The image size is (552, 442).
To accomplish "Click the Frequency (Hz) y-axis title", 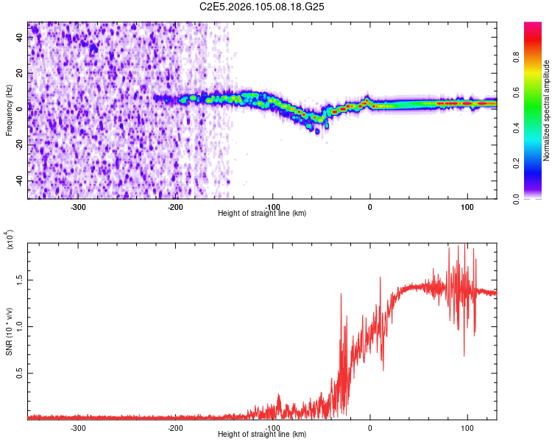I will pyautogui.click(x=10, y=110).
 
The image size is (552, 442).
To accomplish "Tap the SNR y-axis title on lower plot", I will pyautogui.click(x=10, y=332).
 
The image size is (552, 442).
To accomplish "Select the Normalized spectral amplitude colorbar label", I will pyautogui.click(x=547, y=110).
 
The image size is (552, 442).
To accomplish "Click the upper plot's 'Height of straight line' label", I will pyautogui.click(x=263, y=213).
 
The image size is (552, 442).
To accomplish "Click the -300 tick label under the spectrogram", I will pyautogui.click(x=79, y=206).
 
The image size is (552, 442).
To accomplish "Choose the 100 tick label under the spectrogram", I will pyautogui.click(x=467, y=206).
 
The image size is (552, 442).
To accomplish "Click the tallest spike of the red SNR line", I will pyautogui.click(x=458, y=246).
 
